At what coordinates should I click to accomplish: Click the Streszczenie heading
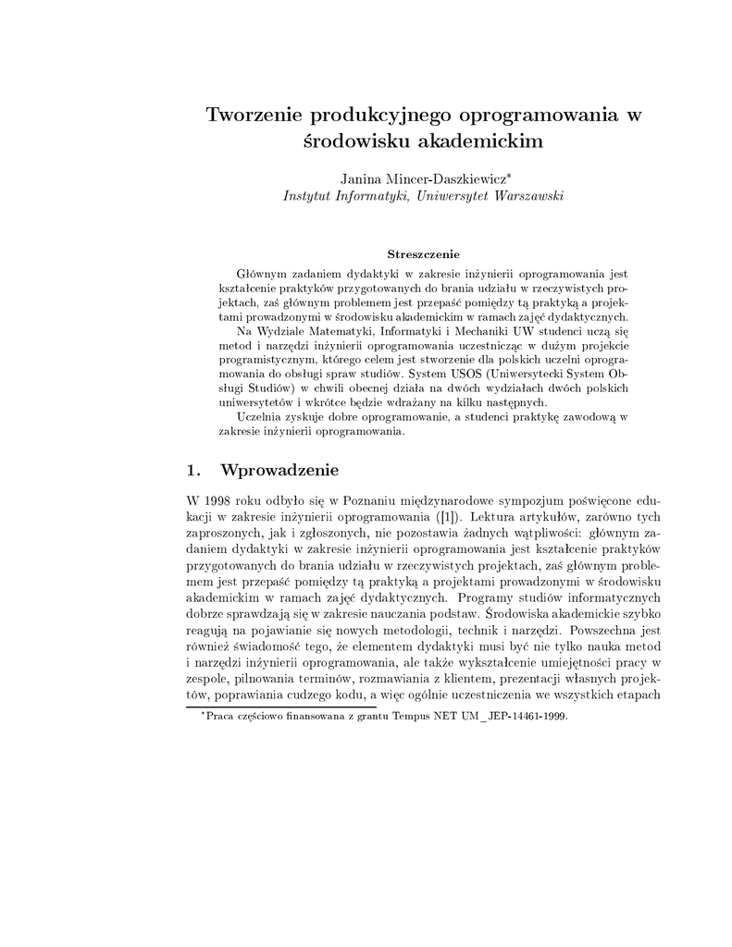click(x=423, y=252)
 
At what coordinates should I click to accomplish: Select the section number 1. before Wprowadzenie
click(x=193, y=470)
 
